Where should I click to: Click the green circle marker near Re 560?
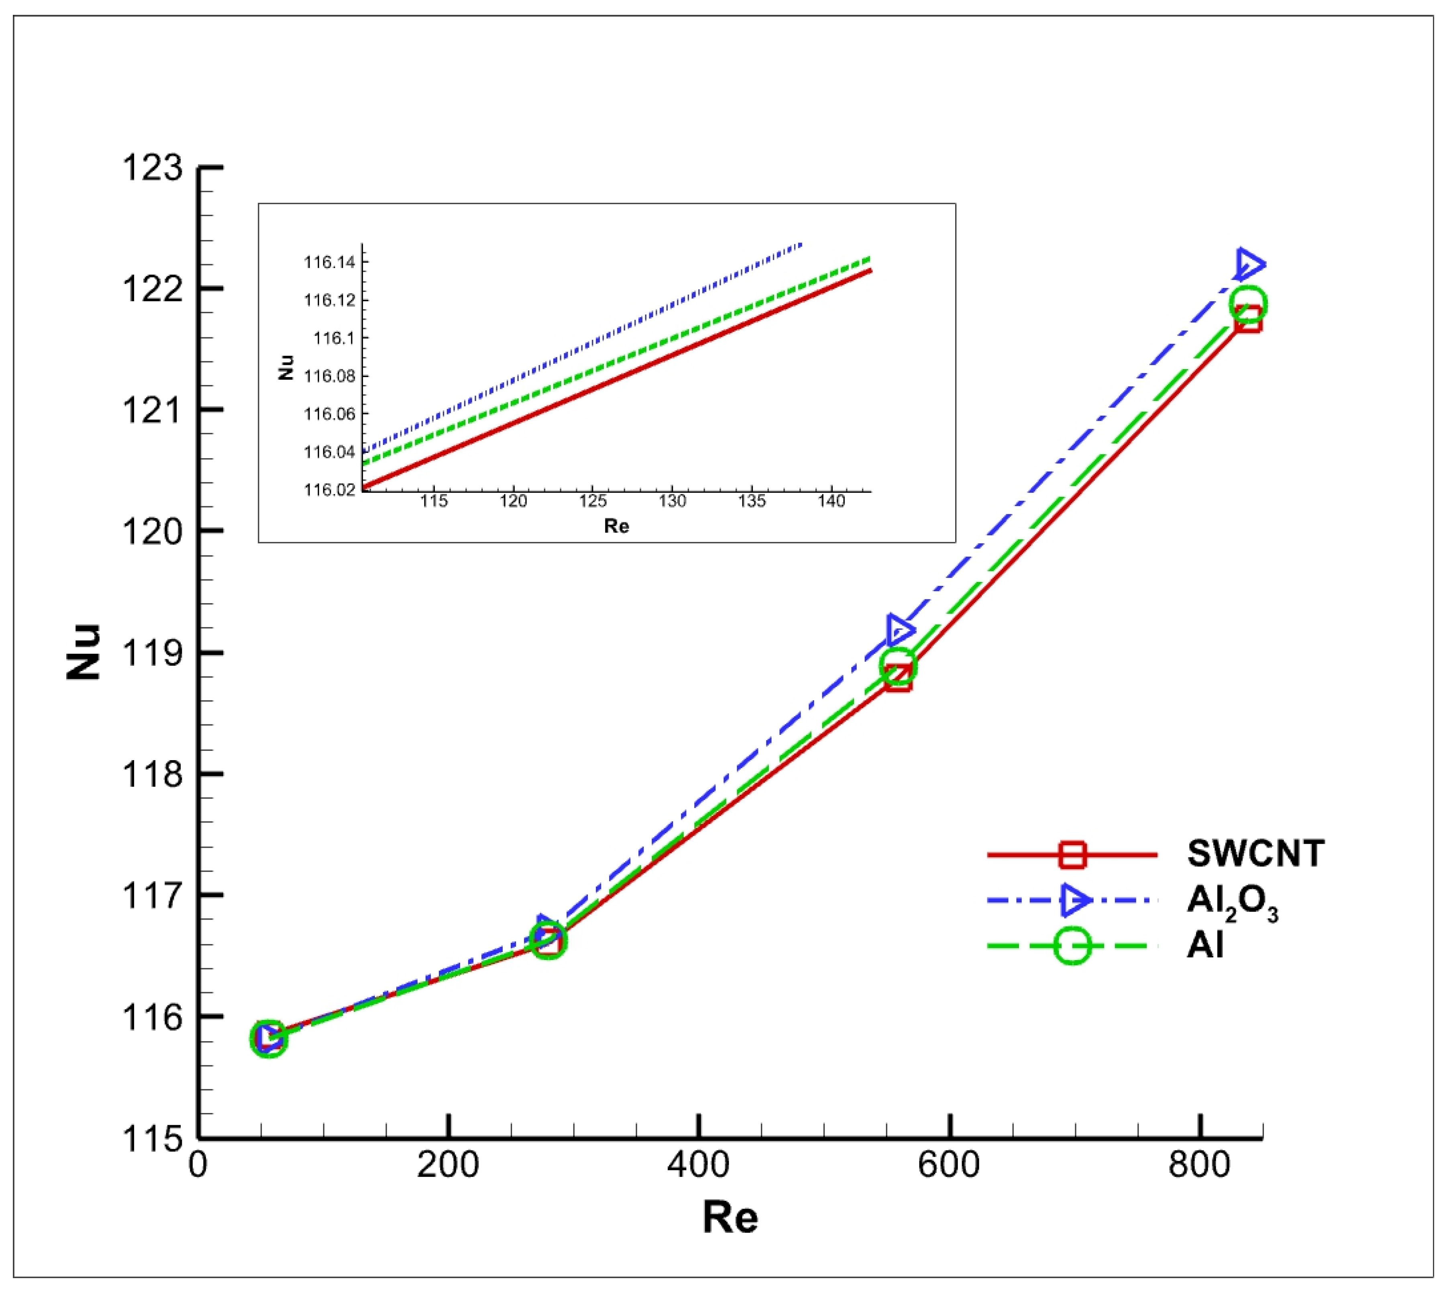point(898,666)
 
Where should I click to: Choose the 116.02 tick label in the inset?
point(329,489)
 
